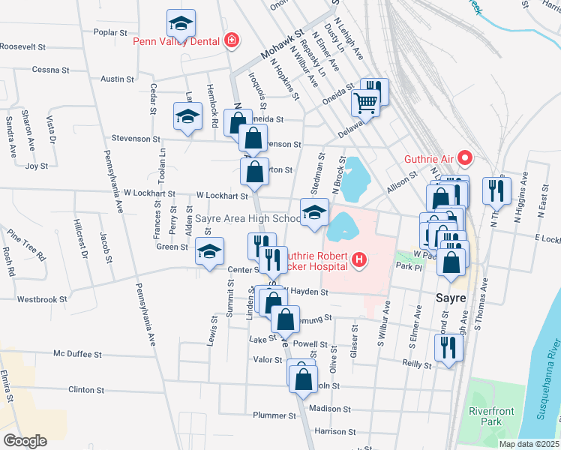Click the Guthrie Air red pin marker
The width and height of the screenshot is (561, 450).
(x=465, y=157)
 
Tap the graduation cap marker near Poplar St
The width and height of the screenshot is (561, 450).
(x=181, y=25)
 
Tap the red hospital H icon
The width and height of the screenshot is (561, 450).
(x=360, y=260)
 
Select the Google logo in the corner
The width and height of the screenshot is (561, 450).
(x=25, y=440)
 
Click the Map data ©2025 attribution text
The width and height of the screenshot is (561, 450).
(x=529, y=444)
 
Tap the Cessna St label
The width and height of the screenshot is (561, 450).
(x=50, y=70)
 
